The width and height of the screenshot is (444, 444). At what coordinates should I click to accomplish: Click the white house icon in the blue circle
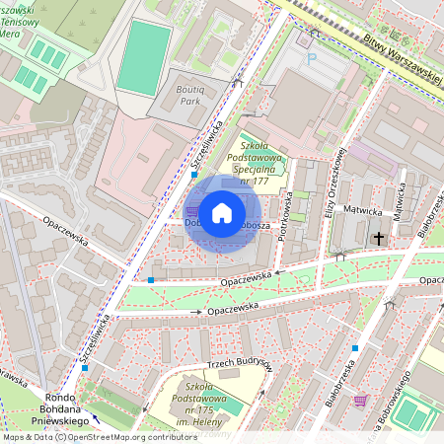pos(222,211)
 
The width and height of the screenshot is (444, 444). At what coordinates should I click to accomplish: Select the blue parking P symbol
pos(313,58)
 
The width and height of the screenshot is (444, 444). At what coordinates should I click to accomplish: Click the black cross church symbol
pos(377,238)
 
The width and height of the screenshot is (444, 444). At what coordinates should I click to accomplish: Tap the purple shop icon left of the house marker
pos(191,210)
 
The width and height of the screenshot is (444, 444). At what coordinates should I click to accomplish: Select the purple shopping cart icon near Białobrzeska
pos(360,401)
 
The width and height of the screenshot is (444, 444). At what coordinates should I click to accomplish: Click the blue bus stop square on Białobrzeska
pos(354,347)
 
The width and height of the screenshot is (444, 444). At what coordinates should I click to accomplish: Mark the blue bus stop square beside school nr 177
pos(194,175)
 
